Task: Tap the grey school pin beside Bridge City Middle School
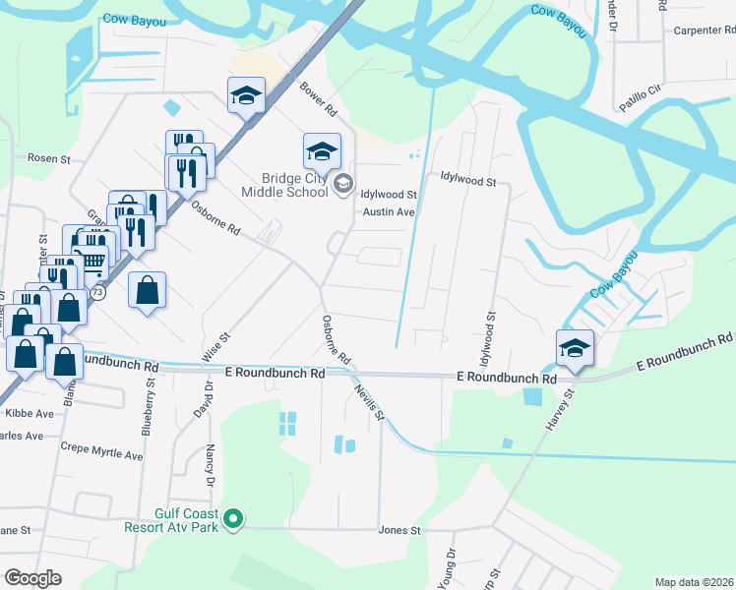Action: click(x=343, y=183)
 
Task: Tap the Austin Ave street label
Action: click(x=389, y=211)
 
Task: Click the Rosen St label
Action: click(x=49, y=157)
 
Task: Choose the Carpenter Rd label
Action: click(x=704, y=30)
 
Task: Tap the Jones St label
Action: click(x=399, y=530)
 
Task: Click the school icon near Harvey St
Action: click(x=575, y=347)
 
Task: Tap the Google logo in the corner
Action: click(x=33, y=578)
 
